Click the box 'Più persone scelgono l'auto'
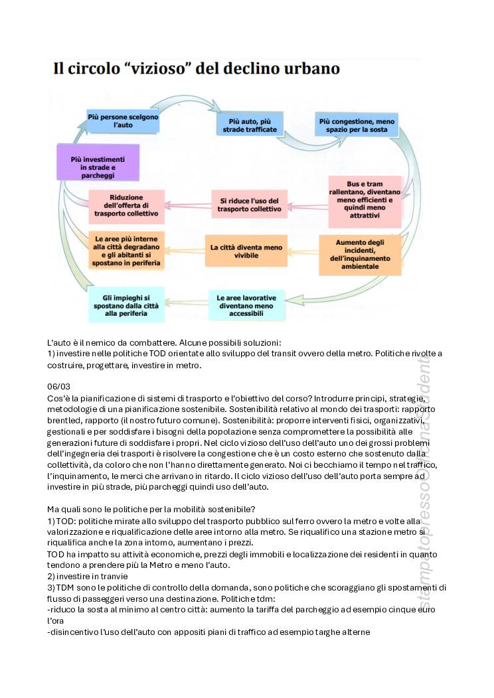[123, 120]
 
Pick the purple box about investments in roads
[98, 163]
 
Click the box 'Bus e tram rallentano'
[365, 201]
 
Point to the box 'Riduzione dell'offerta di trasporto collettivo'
[126, 205]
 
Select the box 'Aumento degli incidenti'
[360, 255]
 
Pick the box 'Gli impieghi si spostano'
[126, 304]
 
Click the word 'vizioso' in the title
[165, 69]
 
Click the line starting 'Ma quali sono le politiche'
[147, 509]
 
